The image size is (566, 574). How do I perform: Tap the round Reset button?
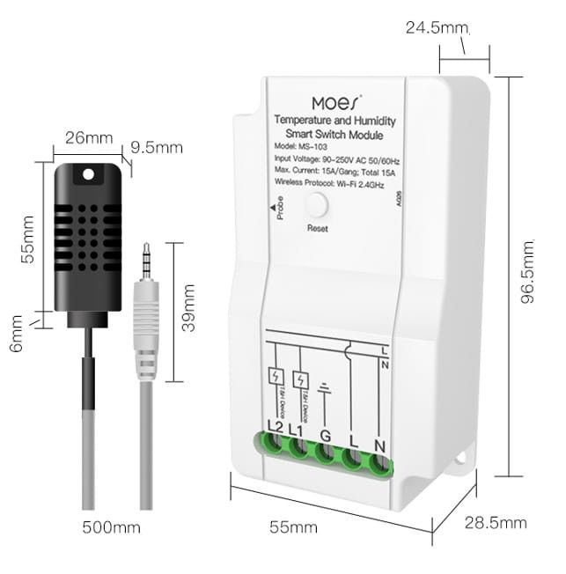point(317,206)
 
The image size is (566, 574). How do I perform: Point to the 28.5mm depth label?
point(496,523)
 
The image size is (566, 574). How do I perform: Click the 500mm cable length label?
point(111,528)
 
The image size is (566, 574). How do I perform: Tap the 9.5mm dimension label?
point(156,148)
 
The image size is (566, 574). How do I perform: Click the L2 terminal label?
point(274,427)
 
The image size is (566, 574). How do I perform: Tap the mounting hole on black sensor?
point(87,175)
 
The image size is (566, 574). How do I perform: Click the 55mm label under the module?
point(292,527)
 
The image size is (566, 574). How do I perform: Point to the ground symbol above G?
point(324,386)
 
